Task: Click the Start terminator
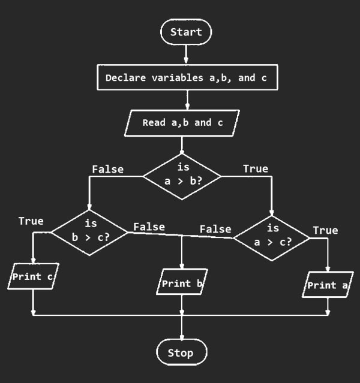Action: [x=186, y=32]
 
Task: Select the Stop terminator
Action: [x=181, y=352]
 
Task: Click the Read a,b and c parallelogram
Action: [x=182, y=123]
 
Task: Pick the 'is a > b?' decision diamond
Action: [x=182, y=176]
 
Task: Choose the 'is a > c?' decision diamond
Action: [x=272, y=237]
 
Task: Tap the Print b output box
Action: [x=181, y=283]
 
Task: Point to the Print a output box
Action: [x=326, y=285]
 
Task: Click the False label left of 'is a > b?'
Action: [x=107, y=169]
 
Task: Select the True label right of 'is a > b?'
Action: [x=255, y=169]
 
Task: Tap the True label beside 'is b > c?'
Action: [x=31, y=221]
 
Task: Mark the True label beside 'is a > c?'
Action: [x=325, y=230]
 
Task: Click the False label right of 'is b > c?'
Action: [x=149, y=227]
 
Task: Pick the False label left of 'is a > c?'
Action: [x=215, y=229]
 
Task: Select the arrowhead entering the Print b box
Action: [x=181, y=267]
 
